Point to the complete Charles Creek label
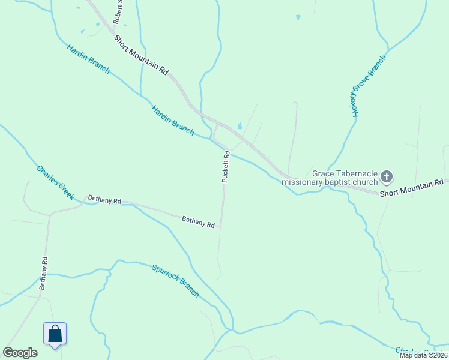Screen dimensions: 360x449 tap(55, 182)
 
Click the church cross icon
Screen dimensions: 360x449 tap(387, 177)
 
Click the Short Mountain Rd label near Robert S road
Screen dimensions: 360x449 tap(142, 53)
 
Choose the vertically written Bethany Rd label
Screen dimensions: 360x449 tap(44, 274)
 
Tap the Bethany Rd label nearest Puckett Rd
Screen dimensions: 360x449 tap(198, 222)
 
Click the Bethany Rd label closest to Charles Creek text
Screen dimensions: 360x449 tap(104, 199)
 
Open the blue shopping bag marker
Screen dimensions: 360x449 tap(55, 334)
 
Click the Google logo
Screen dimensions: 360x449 tap(20, 352)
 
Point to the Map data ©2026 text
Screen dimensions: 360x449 tap(423, 355)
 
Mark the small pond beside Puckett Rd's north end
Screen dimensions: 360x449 tap(240, 127)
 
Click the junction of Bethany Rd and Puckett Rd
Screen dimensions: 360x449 tap(221, 226)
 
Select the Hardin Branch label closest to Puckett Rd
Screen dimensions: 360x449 tap(173, 119)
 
